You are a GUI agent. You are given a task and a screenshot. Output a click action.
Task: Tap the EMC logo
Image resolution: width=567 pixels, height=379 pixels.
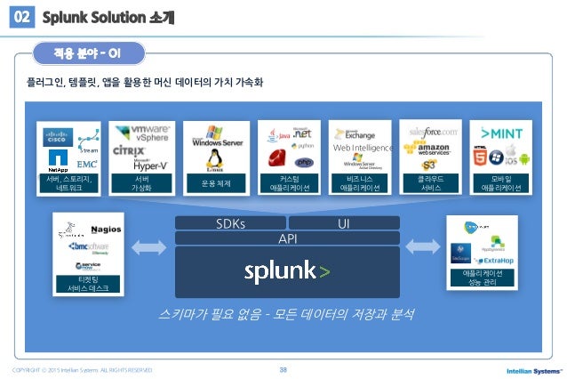[86, 165]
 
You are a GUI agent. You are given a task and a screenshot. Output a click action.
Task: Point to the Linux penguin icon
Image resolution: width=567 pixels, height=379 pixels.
[212, 159]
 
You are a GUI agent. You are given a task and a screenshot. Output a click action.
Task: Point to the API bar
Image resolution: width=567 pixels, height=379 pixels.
[286, 238]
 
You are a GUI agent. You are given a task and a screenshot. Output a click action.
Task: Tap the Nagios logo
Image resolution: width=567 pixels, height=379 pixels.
[92, 229]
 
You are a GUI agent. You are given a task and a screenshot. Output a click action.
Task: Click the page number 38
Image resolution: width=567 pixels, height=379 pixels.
[283, 369]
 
